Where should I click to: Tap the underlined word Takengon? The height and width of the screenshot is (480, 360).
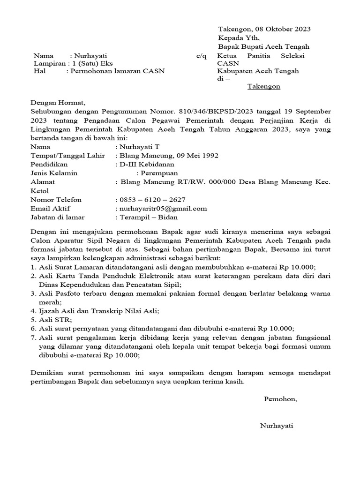pos(263,87)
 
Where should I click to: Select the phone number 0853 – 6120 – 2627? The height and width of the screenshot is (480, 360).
pos(153,200)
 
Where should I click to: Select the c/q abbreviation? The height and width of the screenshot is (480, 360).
pos(201,56)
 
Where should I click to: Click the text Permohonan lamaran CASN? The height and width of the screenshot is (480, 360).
pos(117,71)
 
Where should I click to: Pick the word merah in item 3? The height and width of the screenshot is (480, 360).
pos(48,302)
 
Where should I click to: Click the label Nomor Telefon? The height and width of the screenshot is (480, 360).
pos(56,200)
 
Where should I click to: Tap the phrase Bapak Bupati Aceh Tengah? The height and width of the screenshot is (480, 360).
pos(264,47)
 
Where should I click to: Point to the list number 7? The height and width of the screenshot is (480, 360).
pos(33,337)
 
